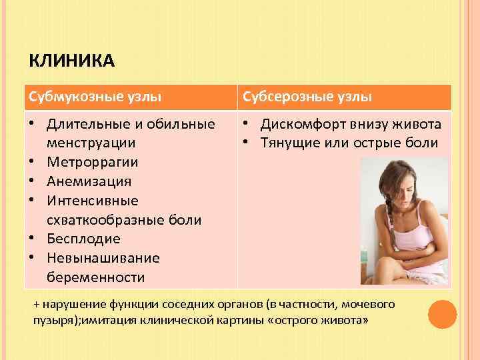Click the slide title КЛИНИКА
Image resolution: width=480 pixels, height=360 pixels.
(72, 62)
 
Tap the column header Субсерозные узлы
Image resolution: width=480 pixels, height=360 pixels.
(307, 97)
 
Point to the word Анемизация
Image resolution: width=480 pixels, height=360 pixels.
(89, 181)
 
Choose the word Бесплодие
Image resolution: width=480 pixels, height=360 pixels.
(84, 239)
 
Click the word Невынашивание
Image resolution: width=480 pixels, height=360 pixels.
(103, 258)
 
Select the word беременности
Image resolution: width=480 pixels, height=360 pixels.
(96, 277)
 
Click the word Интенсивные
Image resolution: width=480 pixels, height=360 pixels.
(93, 201)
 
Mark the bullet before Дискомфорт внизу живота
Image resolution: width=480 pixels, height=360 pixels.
(247, 124)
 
